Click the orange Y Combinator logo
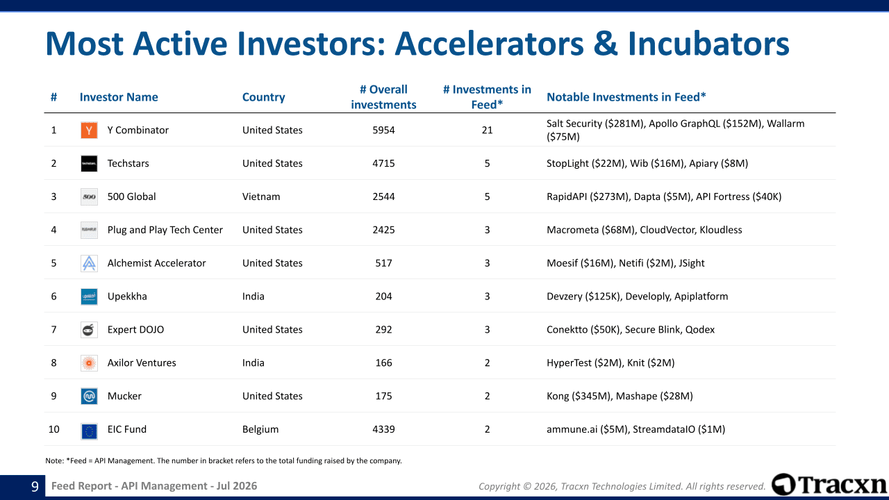[89, 130]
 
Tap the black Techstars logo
[89, 163]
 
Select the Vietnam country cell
[261, 197]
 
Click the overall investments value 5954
[383, 130]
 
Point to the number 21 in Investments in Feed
[487, 130]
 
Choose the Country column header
[263, 97]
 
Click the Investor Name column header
[119, 97]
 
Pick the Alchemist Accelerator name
[156, 263]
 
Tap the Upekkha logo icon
[89, 297]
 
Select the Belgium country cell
[260, 429]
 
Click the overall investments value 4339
[383, 429]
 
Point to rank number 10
[53, 429]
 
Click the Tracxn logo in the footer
[829, 485]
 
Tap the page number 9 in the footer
[35, 486]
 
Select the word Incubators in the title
[708, 44]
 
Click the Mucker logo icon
[89, 396]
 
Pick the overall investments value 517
[383, 263]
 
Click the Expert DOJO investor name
[135, 330]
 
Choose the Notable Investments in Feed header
[626, 97]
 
